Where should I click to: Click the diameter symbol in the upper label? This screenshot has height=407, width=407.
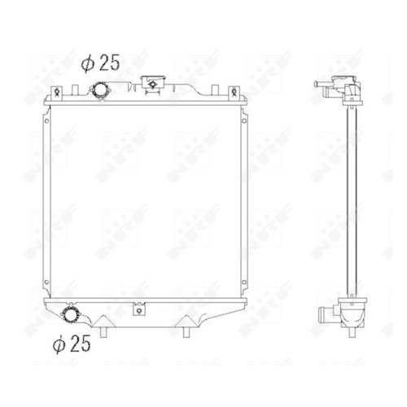click(x=88, y=62)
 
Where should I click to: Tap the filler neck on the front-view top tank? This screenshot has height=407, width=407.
click(x=151, y=84)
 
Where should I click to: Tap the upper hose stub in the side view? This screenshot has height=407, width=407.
click(x=323, y=92)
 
